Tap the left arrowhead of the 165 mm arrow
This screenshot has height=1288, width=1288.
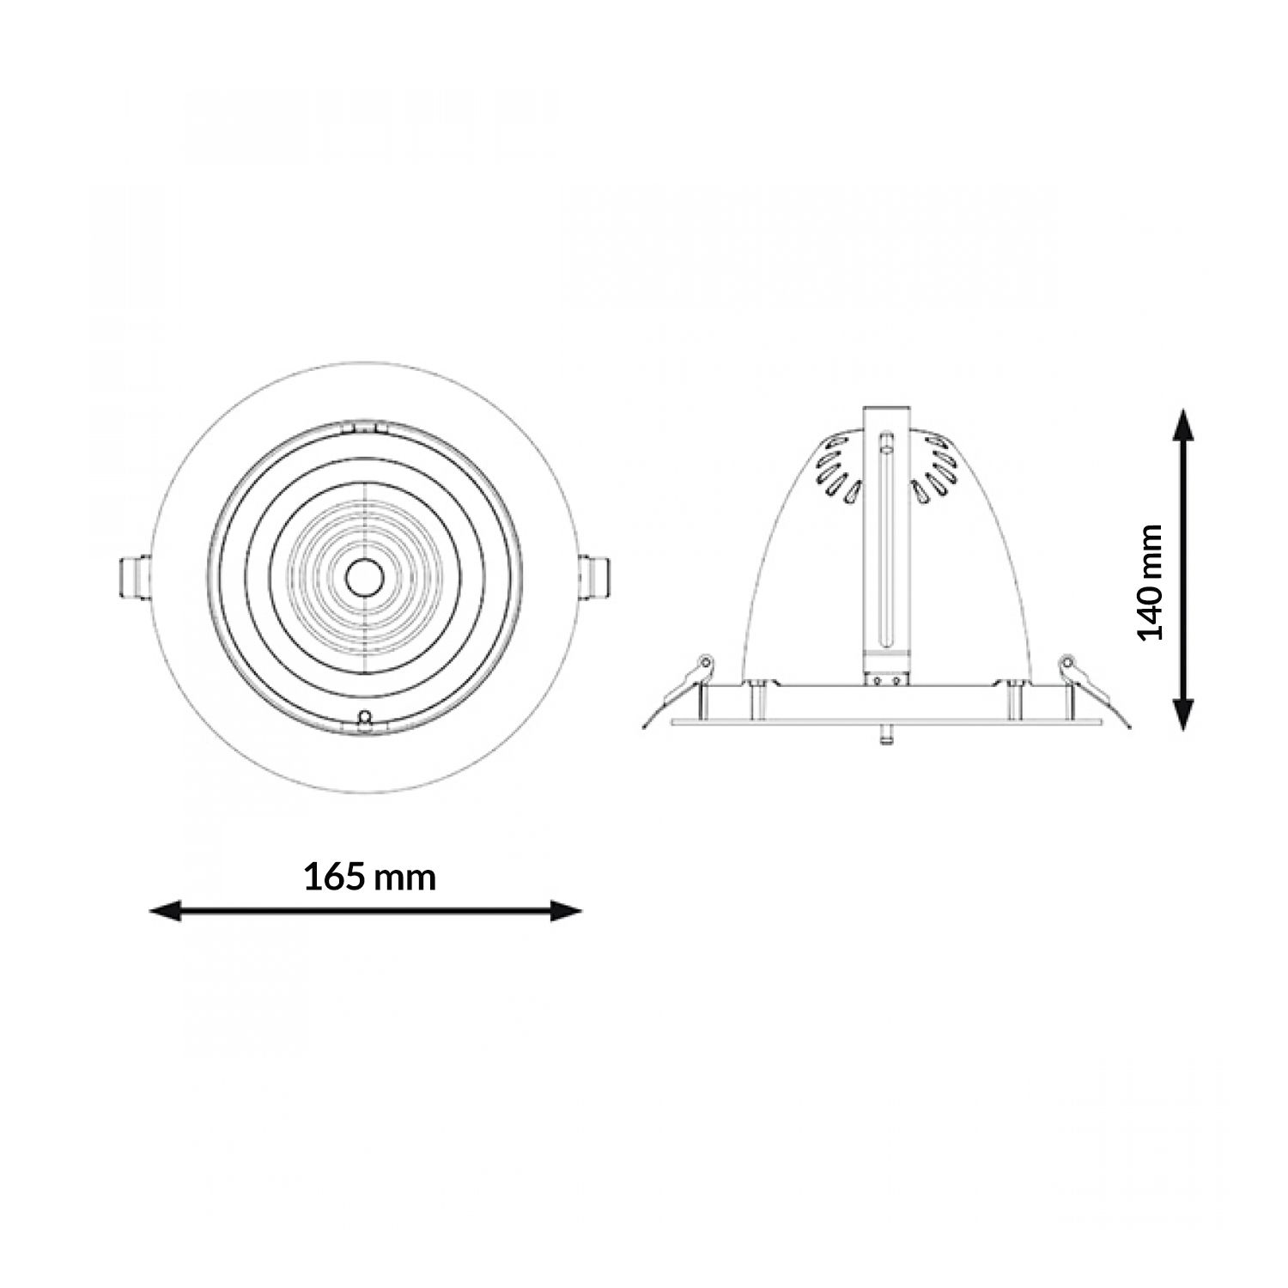[166, 911]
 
